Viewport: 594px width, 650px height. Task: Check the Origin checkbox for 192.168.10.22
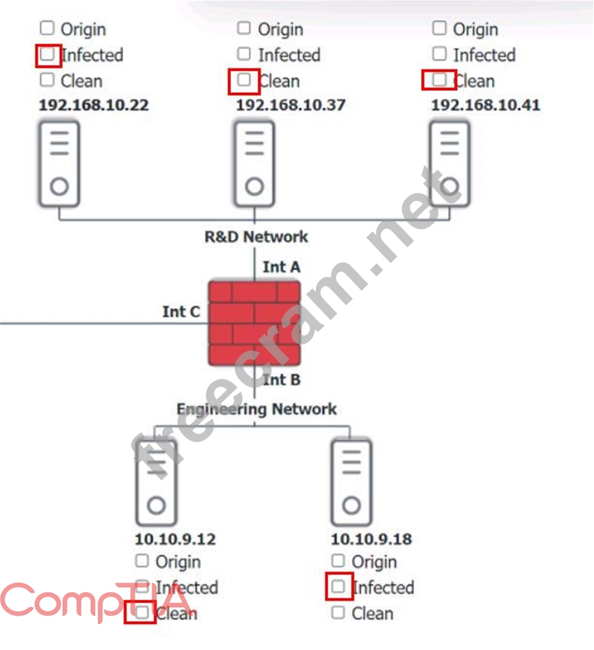pyautogui.click(x=46, y=28)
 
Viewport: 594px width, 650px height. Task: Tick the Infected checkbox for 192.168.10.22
pyautogui.click(x=47, y=54)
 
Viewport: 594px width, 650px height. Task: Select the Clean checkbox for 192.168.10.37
pyautogui.click(x=244, y=80)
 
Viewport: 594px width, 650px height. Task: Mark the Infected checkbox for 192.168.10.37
pyautogui.click(x=244, y=53)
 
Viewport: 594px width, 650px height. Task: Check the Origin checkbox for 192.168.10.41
pyautogui.click(x=440, y=28)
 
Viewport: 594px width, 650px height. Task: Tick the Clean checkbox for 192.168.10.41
pyautogui.click(x=440, y=80)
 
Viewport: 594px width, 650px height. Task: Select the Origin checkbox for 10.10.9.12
pyautogui.click(x=141, y=561)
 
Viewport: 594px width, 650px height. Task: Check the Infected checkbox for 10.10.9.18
pyautogui.click(x=338, y=586)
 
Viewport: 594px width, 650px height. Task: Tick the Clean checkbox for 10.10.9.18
pyautogui.click(x=338, y=612)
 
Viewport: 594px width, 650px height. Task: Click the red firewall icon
pyautogui.click(x=254, y=323)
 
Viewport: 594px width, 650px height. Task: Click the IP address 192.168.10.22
pyautogui.click(x=94, y=105)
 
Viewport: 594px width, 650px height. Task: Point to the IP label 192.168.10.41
pyautogui.click(x=485, y=105)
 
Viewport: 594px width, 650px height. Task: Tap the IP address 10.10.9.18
pyautogui.click(x=371, y=539)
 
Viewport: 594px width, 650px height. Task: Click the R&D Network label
pyautogui.click(x=256, y=237)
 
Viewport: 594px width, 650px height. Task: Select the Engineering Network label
pyautogui.click(x=256, y=409)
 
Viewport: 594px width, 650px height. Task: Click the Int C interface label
pyautogui.click(x=181, y=312)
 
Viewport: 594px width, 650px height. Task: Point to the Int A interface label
pyautogui.click(x=281, y=267)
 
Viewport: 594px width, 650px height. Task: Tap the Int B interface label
pyautogui.click(x=282, y=379)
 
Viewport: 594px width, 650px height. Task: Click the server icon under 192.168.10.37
pyautogui.click(x=254, y=163)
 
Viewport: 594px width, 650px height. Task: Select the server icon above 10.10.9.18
pyautogui.click(x=351, y=482)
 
